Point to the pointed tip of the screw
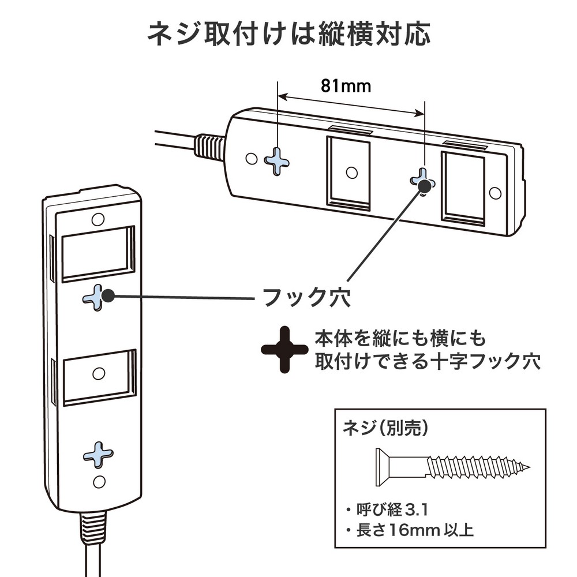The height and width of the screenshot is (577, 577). click(x=528, y=466)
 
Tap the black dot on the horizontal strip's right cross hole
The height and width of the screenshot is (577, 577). click(x=426, y=185)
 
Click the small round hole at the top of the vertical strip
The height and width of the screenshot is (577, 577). click(x=98, y=219)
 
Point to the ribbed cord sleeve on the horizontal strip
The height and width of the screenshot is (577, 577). click(x=208, y=148)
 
